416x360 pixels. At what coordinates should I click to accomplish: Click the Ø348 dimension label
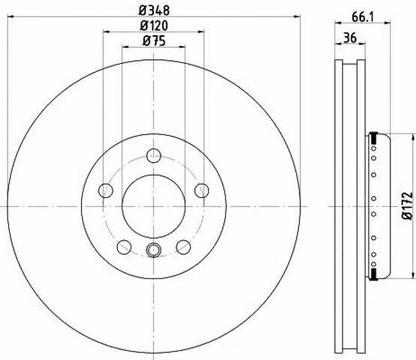click(154, 10)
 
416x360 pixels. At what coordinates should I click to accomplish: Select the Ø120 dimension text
click(154, 25)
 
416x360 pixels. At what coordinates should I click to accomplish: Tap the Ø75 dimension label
click(154, 40)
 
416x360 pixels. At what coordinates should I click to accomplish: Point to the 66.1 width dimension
click(363, 17)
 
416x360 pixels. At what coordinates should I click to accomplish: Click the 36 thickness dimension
click(350, 38)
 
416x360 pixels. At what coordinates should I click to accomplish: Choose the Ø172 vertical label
click(408, 205)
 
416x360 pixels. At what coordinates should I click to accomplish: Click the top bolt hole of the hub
click(154, 155)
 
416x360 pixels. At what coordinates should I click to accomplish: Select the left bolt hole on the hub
click(106, 190)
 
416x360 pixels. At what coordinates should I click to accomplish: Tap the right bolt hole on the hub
click(202, 190)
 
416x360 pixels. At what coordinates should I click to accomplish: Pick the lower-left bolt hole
click(124, 247)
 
